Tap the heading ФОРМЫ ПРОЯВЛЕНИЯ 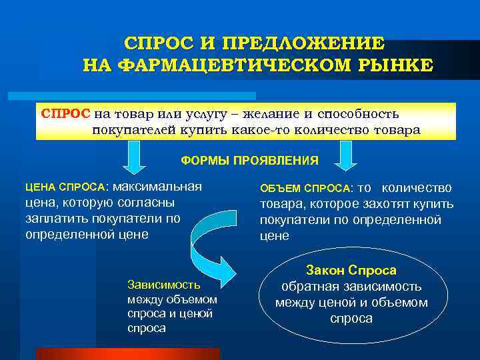tap(250, 161)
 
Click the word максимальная tap(159, 186)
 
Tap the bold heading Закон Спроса tap(351, 271)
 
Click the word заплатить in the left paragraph tap(54, 218)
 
